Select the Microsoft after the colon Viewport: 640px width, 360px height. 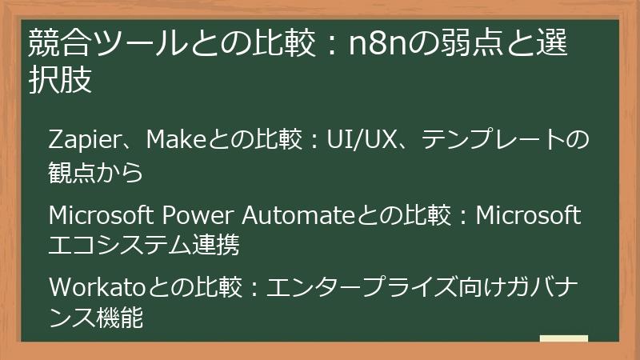tap(528, 215)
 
